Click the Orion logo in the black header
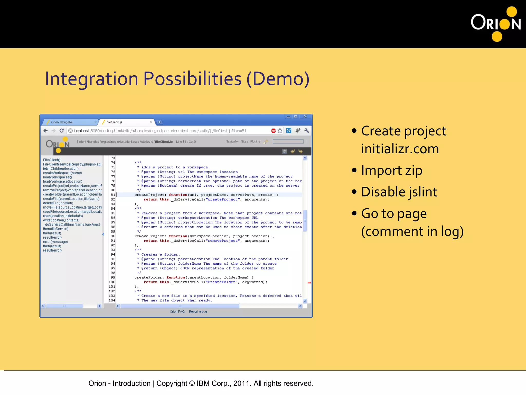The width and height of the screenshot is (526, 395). point(496,24)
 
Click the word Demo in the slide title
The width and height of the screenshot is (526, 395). point(278,79)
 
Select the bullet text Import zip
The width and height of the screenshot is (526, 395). point(391,170)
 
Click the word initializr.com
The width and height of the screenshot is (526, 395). point(400,149)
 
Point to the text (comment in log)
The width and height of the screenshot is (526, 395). point(412,231)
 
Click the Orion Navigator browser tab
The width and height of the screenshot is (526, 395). point(62,122)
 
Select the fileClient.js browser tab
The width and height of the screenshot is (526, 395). point(114,122)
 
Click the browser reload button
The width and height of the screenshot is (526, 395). point(62,131)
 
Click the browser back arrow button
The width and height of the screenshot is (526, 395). point(46,131)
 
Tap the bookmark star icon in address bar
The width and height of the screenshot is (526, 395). point(280,131)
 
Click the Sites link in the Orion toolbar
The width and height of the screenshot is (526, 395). point(245,141)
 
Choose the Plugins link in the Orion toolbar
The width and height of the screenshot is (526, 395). point(255,141)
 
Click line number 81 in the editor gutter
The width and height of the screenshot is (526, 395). point(113,195)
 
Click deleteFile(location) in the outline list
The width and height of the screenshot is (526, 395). point(58,203)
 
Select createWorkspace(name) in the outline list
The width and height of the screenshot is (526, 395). point(62,173)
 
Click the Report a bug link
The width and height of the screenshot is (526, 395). point(198,311)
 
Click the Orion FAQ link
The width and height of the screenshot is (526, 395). point(177,311)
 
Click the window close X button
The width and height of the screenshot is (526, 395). point(305,116)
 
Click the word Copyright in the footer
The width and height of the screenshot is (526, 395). point(172,383)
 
